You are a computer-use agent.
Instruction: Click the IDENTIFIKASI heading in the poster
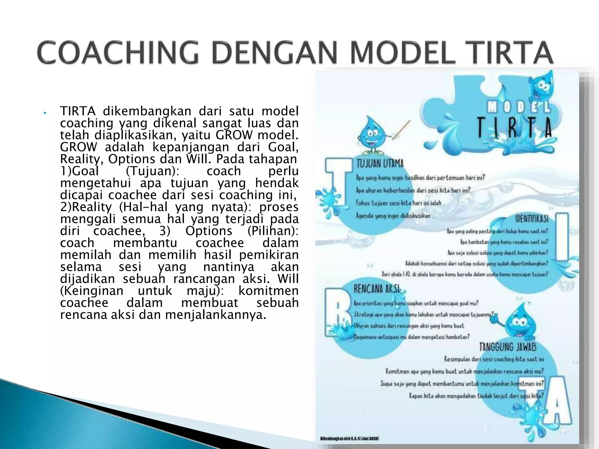click(x=531, y=219)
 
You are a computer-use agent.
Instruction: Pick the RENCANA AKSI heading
click(x=376, y=289)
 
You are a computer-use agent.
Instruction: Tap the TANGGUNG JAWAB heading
click(x=507, y=347)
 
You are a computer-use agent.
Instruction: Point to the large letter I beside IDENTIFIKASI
click(x=561, y=237)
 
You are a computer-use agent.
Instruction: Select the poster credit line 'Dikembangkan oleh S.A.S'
click(x=350, y=438)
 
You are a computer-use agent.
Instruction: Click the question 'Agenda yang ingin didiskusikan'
click(x=393, y=216)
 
